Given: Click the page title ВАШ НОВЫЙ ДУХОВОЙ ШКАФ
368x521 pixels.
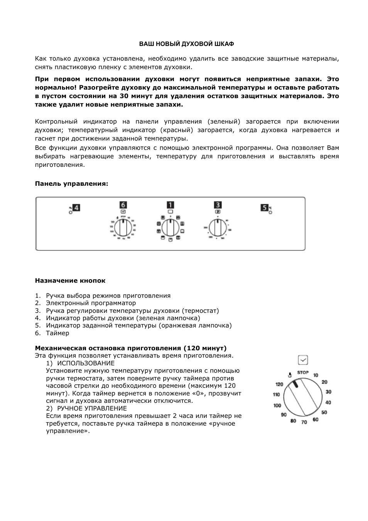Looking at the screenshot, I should (x=187, y=44).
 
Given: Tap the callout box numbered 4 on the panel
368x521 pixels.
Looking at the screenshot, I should (x=77, y=208).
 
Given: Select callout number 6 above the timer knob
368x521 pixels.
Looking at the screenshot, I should (x=123, y=205).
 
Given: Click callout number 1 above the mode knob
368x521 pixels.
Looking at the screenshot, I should (x=170, y=205).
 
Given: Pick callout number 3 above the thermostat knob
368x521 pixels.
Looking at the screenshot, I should (x=218, y=205).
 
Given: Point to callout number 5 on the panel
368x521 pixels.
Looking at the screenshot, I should (x=264, y=208).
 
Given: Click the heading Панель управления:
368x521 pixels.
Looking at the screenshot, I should (x=72, y=184).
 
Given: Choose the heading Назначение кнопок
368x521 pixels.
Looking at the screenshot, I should (x=70, y=281).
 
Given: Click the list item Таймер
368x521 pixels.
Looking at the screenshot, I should (x=57, y=333).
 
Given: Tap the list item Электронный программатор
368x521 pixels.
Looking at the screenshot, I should (x=91, y=303).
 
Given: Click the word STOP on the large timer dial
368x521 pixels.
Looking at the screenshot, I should (x=303, y=373).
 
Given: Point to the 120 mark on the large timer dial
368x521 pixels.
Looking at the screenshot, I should (x=279, y=384).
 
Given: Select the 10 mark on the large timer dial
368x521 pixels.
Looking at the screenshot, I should (x=316, y=375).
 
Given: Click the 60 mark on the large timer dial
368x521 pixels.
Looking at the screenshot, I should (x=316, y=419).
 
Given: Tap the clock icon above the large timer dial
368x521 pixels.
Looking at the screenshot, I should (x=303, y=360).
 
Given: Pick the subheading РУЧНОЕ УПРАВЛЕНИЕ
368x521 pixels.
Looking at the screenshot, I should (x=92, y=408).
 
